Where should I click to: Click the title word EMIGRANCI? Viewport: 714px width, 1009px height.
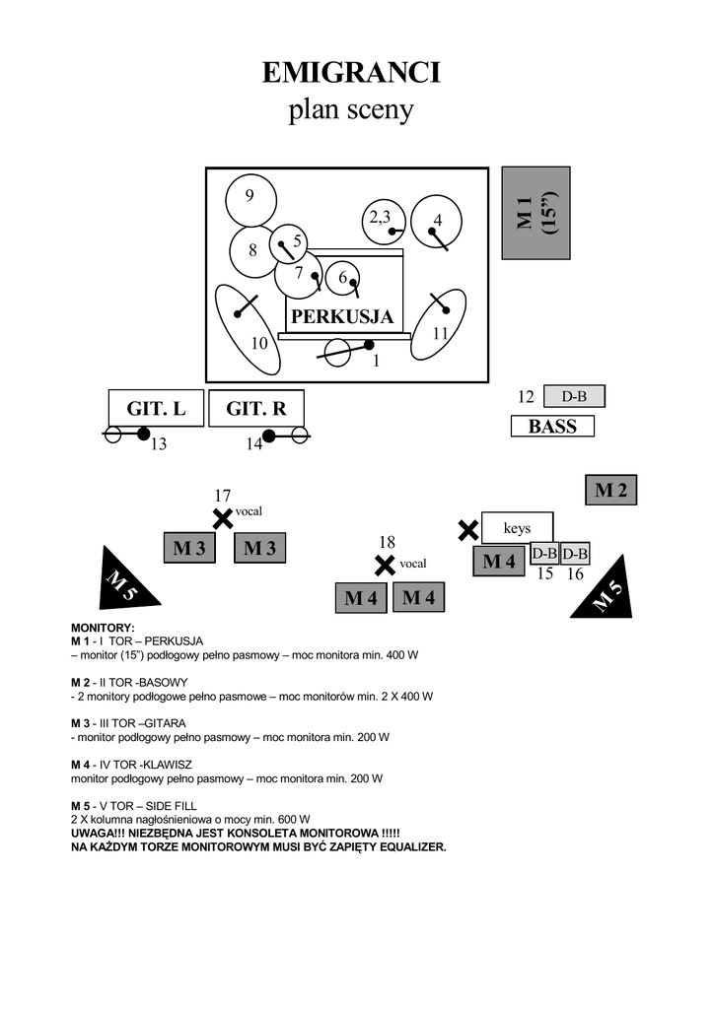click(x=351, y=74)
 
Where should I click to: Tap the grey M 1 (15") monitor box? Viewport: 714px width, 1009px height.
click(x=535, y=213)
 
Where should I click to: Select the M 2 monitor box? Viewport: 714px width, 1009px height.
click(x=610, y=490)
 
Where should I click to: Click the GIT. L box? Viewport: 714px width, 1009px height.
click(x=156, y=408)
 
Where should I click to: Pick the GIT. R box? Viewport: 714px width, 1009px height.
click(x=256, y=408)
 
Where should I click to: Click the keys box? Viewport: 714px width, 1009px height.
click(x=517, y=528)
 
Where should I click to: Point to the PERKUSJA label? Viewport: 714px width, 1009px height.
click(x=342, y=317)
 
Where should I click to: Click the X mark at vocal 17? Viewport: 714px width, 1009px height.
click(x=223, y=518)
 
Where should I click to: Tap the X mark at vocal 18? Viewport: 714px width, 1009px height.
click(x=385, y=566)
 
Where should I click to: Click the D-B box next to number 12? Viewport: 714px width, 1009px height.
click(x=574, y=396)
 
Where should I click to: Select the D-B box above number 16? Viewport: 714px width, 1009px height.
click(x=575, y=553)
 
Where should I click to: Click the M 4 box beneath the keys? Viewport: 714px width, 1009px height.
click(x=499, y=562)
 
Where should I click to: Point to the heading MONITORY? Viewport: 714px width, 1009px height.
click(x=103, y=628)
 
